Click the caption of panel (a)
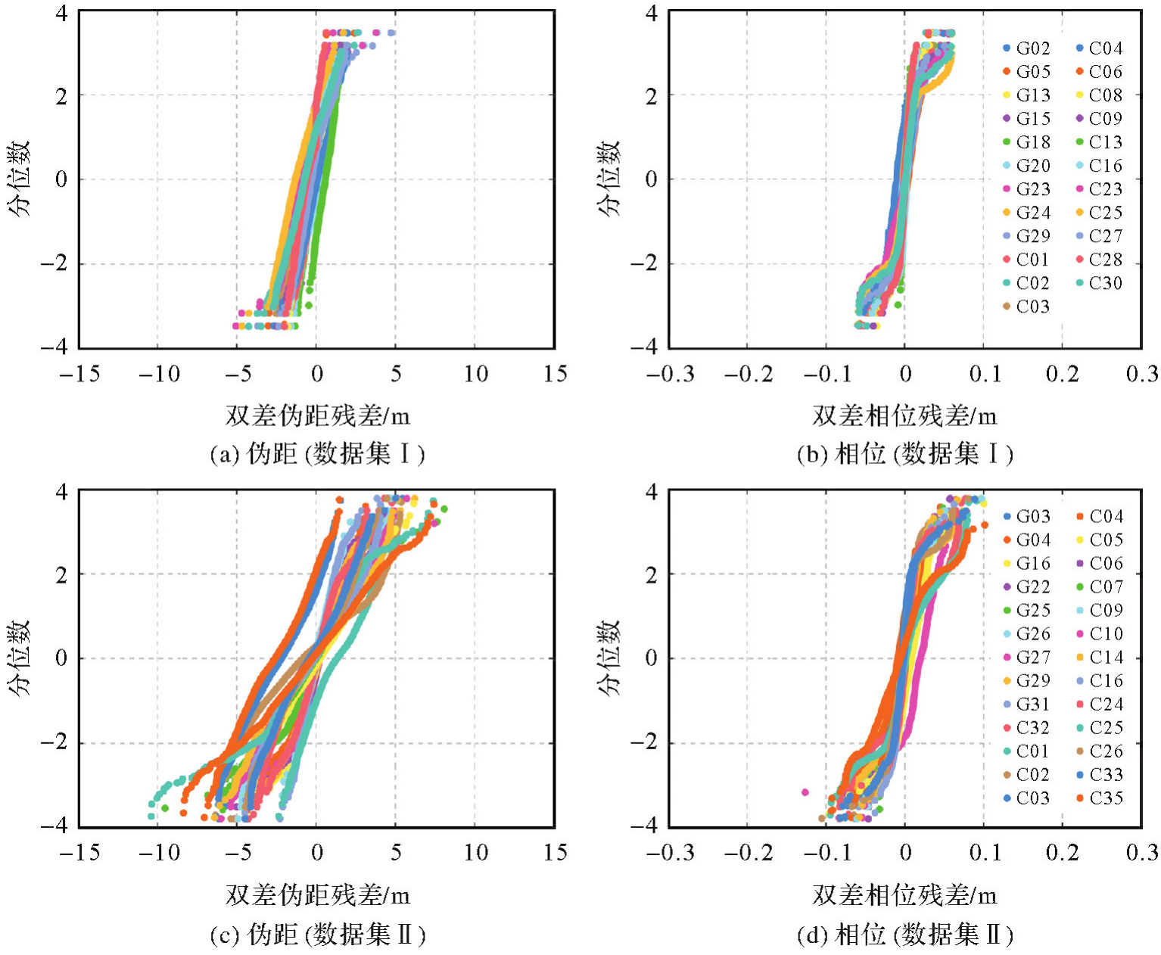317,454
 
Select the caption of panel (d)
905,935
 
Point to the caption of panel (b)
905,454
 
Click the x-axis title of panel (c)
317,896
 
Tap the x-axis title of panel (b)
905,415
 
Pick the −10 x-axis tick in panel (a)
159,374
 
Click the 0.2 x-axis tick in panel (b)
1062,374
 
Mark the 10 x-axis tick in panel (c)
475,853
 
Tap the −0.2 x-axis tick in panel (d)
748,853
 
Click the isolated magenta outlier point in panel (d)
805,792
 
